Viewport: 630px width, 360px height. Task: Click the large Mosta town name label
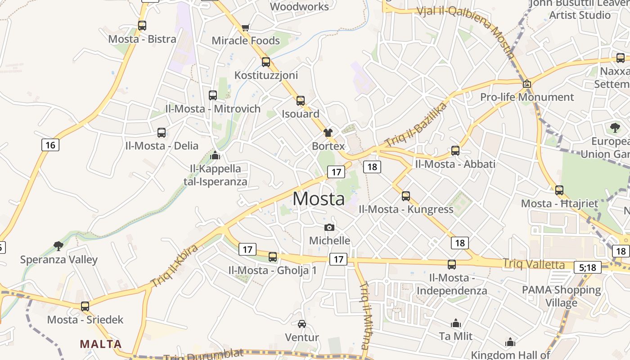pyautogui.click(x=319, y=198)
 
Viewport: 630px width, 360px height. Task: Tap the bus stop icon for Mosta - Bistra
pyautogui.click(x=142, y=26)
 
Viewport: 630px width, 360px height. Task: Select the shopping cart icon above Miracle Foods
pyautogui.click(x=245, y=28)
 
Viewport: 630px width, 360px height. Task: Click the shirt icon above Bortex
pyautogui.click(x=328, y=132)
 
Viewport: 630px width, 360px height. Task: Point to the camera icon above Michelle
pyautogui.click(x=329, y=227)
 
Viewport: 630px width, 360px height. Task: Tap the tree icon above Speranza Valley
pyautogui.click(x=58, y=246)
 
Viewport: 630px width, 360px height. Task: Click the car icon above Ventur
pyautogui.click(x=302, y=324)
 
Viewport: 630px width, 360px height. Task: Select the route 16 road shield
pyautogui.click(x=50, y=145)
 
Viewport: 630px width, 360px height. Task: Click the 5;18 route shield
pyautogui.click(x=587, y=267)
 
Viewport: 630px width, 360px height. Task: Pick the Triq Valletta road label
pyautogui.click(x=533, y=264)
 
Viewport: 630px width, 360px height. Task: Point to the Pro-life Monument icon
pyautogui.click(x=527, y=84)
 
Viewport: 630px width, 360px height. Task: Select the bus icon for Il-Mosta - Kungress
pyautogui.click(x=406, y=196)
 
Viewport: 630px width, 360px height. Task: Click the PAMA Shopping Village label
pyautogui.click(x=561, y=296)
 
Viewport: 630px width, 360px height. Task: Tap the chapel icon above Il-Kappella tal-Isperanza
pyautogui.click(x=215, y=155)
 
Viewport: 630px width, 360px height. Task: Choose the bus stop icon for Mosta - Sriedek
pyautogui.click(x=85, y=306)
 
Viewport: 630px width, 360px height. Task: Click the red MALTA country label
pyautogui.click(x=101, y=344)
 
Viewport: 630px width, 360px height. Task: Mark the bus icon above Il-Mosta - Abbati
pyautogui.click(x=455, y=151)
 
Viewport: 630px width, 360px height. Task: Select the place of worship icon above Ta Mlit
pyautogui.click(x=456, y=323)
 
